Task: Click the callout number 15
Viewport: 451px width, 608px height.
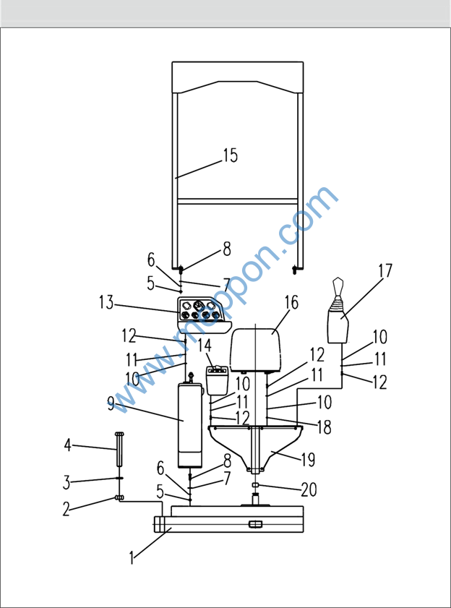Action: point(230,155)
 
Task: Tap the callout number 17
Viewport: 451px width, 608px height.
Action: point(385,270)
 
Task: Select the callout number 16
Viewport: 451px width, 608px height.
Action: point(291,302)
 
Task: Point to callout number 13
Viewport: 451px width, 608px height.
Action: point(106,302)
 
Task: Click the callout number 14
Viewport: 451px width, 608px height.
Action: point(205,346)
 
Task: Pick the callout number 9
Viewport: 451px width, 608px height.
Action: point(111,406)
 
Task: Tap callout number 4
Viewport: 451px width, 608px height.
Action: point(68,445)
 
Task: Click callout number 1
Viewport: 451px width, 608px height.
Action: point(132,558)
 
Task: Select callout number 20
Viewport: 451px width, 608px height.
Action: point(309,489)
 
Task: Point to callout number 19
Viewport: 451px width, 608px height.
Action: point(308,460)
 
